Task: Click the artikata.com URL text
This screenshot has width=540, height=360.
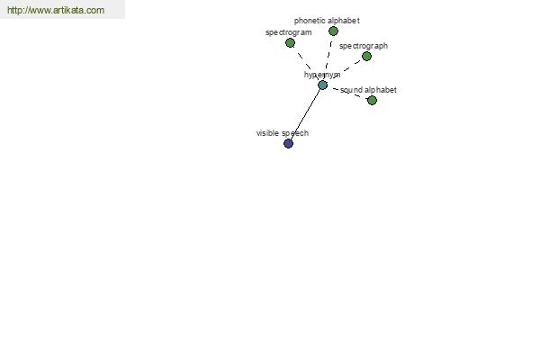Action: [x=56, y=10]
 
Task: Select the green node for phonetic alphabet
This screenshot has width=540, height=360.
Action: [x=333, y=31]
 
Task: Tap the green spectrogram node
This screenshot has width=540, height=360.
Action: [x=291, y=43]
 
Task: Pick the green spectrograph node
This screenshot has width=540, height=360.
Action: [x=367, y=56]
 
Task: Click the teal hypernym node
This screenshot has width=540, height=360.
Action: [x=323, y=85]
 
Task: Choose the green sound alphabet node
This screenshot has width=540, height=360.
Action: [x=372, y=100]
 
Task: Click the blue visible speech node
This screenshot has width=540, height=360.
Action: [x=289, y=144]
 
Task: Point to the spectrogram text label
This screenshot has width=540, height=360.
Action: [x=289, y=32]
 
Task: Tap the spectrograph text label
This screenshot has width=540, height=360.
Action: [x=364, y=46]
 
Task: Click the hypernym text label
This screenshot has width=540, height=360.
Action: [x=322, y=75]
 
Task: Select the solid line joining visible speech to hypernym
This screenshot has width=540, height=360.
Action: [x=305, y=114]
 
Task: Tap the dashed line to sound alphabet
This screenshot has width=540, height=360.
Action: [x=347, y=93]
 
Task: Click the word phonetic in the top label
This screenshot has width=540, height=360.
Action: [x=309, y=21]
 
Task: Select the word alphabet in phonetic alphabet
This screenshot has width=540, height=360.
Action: [x=343, y=21]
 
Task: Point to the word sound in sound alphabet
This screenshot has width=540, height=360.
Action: [x=351, y=90]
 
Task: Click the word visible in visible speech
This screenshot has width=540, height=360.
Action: [x=267, y=133]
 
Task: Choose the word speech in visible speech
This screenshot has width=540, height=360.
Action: [x=295, y=134]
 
